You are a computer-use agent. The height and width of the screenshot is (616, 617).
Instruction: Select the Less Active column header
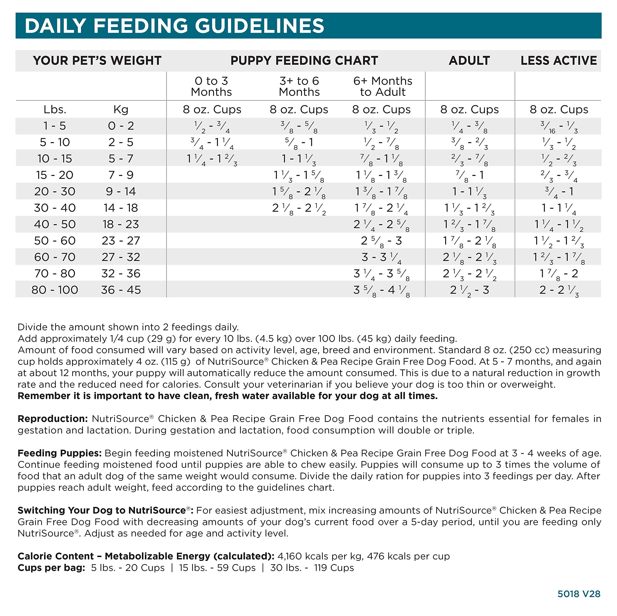click(x=559, y=61)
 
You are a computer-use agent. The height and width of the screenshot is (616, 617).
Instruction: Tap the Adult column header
click(x=469, y=61)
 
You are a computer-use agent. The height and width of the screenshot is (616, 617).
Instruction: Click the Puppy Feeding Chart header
click(x=304, y=61)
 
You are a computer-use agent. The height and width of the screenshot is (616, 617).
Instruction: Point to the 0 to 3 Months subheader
click(x=211, y=86)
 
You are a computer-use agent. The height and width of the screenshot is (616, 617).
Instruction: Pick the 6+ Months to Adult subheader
click(x=382, y=86)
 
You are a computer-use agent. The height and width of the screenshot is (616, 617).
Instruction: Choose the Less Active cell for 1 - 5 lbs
click(x=559, y=127)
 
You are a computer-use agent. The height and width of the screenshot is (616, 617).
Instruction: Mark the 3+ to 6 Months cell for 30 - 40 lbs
click(x=299, y=208)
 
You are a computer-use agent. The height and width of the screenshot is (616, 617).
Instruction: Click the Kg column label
click(x=121, y=110)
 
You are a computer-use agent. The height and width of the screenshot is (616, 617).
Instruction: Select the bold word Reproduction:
click(x=52, y=419)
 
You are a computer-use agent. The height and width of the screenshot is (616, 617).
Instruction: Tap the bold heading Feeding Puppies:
click(x=59, y=453)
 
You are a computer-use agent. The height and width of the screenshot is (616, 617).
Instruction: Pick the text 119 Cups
click(x=334, y=568)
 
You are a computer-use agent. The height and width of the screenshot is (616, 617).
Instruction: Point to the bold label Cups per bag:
click(x=51, y=568)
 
